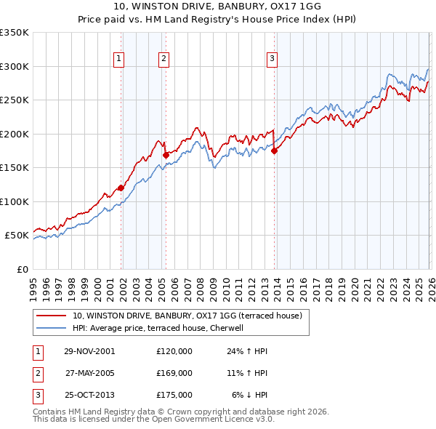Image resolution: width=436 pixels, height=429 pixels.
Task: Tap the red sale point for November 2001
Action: (x=121, y=188)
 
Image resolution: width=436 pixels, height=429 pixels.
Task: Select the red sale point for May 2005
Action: (x=166, y=155)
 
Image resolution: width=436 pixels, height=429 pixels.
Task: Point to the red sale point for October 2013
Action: (x=275, y=151)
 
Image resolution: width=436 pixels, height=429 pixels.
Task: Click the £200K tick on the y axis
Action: (x=15, y=134)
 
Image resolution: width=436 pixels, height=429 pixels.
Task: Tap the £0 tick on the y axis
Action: (x=22, y=269)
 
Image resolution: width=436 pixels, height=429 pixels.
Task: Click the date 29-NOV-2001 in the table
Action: (x=89, y=351)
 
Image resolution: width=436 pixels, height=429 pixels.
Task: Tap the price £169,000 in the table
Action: (x=174, y=373)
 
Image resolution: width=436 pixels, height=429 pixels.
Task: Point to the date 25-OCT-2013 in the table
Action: (x=89, y=395)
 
